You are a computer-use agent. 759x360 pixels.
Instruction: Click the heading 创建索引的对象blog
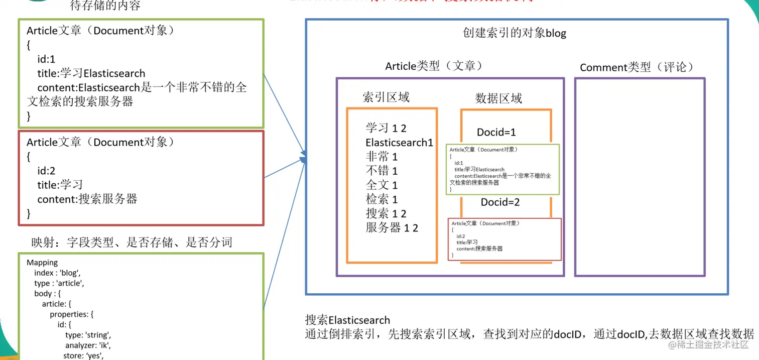[x=514, y=34]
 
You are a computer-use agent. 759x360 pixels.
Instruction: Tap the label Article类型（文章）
[x=434, y=66]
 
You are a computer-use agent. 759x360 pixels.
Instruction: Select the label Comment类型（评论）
[x=637, y=67]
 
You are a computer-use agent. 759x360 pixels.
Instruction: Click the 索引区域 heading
[x=386, y=97]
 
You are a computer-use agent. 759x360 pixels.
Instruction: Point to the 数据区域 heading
[x=498, y=98]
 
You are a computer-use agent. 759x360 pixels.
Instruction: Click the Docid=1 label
[x=496, y=133]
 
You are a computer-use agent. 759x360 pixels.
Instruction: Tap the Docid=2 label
[x=500, y=202]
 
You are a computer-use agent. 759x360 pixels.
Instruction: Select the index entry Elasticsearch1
[x=399, y=143]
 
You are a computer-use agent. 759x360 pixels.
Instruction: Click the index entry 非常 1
[x=382, y=157]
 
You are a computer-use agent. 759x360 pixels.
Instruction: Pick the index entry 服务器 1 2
[x=392, y=227]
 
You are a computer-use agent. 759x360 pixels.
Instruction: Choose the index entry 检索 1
[x=382, y=199]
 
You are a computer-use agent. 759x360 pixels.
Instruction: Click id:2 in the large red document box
[x=46, y=171]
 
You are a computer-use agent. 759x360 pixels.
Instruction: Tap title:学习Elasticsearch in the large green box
[x=91, y=73]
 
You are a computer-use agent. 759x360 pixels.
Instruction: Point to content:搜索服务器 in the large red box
[x=87, y=199]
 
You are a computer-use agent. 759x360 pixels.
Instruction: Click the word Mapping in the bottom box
[x=42, y=263]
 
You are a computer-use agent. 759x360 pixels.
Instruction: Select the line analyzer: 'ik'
[x=88, y=345]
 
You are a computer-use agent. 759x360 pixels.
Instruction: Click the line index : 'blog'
[x=57, y=273]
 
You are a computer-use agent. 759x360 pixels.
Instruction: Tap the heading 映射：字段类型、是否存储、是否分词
[x=132, y=243]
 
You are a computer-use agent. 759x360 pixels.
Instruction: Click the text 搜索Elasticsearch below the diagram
[x=347, y=320]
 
